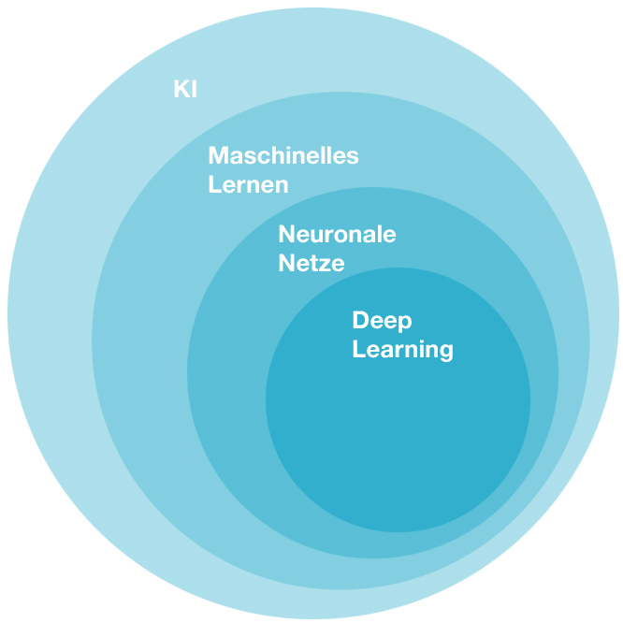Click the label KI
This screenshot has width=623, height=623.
tap(185, 90)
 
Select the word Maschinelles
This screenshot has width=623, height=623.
tap(283, 155)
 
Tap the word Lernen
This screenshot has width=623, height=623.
tap(248, 184)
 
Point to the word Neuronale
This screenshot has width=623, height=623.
tap(337, 234)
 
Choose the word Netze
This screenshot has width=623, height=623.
tap(311, 263)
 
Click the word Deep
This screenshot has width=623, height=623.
tap(382, 321)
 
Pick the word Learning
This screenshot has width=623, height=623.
tap(402, 351)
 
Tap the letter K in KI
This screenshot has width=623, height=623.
tap(181, 90)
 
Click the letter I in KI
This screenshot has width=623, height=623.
tap(194, 90)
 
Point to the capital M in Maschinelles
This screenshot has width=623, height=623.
tap(218, 155)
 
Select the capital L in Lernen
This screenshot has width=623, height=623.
tap(214, 184)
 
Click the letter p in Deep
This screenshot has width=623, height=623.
tap(404, 323)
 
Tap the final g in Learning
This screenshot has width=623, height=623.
tap(445, 354)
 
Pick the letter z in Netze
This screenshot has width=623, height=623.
tap(324, 265)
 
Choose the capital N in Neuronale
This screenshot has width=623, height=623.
tap(286, 234)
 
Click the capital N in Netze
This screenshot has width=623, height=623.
tap(286, 263)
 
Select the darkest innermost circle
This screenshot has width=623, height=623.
tap(398, 430)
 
